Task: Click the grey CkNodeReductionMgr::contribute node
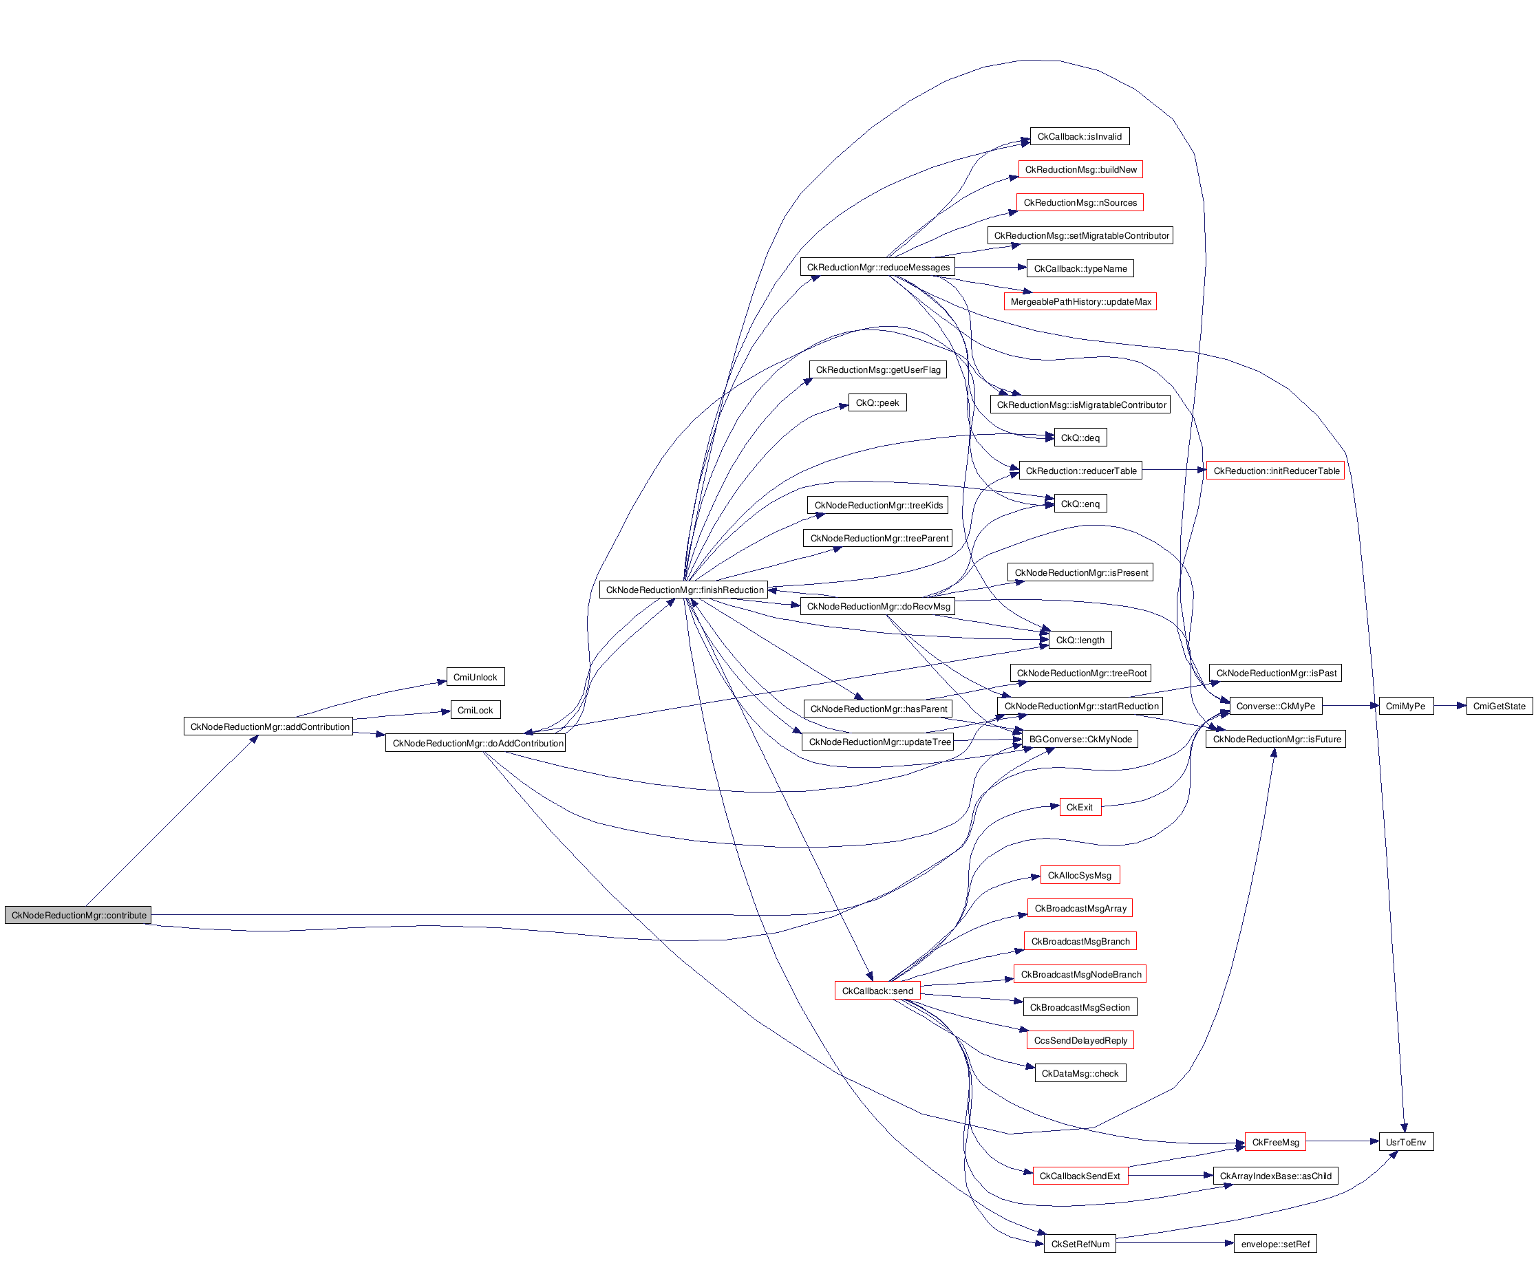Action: (x=78, y=915)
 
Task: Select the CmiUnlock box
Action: (x=476, y=677)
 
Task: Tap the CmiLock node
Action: (x=476, y=710)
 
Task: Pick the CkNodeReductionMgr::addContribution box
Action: (x=269, y=726)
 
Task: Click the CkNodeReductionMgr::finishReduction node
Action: (x=684, y=590)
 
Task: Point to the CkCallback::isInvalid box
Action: (x=1079, y=137)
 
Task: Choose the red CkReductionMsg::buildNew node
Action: (x=1080, y=170)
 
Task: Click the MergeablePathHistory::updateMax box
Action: (x=1080, y=302)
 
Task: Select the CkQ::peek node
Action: (x=877, y=403)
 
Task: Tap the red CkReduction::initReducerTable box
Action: (x=1276, y=471)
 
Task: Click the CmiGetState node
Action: (x=1499, y=707)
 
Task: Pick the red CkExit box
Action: (x=1080, y=807)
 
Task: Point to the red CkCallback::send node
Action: (x=877, y=991)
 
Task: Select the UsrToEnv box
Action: (x=1406, y=1142)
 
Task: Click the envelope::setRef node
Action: (x=1275, y=1244)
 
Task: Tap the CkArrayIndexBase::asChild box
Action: (x=1275, y=1176)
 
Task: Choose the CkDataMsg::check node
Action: (x=1080, y=1073)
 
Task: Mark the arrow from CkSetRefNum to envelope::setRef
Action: (x=1175, y=1244)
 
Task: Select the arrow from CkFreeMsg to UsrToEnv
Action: (x=1342, y=1141)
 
